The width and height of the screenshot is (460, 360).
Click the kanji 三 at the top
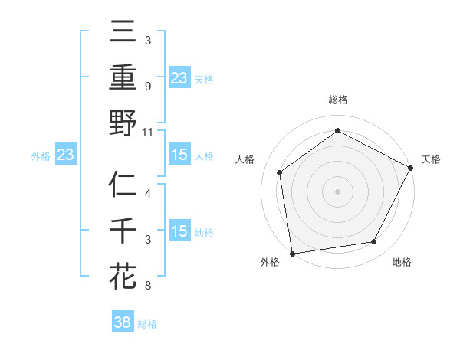(x=123, y=33)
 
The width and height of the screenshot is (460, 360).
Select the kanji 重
(x=123, y=78)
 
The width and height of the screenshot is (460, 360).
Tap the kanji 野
(x=123, y=123)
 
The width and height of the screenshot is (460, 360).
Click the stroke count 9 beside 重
(x=147, y=86)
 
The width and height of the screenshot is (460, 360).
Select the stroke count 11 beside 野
(x=148, y=132)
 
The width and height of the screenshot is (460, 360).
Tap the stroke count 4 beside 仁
(x=147, y=194)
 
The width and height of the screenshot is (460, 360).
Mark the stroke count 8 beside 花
(x=147, y=286)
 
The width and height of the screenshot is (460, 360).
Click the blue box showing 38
(x=123, y=322)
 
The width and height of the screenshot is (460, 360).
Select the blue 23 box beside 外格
(x=65, y=155)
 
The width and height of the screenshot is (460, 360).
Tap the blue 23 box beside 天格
(x=179, y=78)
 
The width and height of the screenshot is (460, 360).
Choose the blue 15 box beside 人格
(x=179, y=155)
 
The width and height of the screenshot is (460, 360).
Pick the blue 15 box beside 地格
(x=179, y=231)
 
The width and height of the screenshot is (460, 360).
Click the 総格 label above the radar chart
(x=337, y=100)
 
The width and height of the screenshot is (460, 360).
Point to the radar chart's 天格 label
(x=431, y=159)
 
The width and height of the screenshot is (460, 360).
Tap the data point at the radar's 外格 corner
(x=292, y=253)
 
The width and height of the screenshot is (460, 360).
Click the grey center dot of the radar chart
(x=337, y=191)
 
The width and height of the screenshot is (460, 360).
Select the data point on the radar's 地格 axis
(x=374, y=242)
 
